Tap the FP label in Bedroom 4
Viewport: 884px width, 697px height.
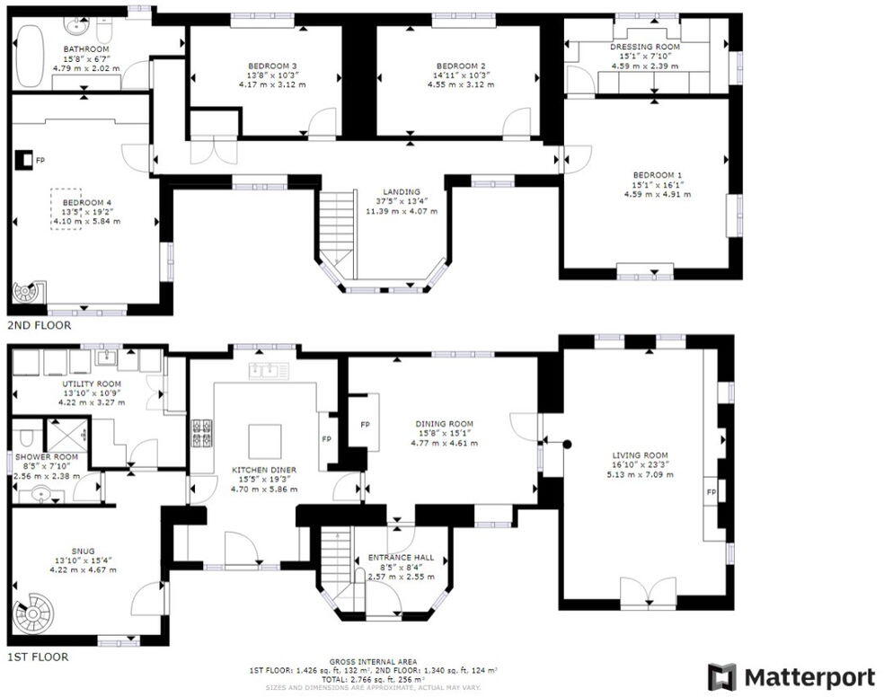tap(40, 161)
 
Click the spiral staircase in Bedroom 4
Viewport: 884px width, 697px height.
tap(27, 292)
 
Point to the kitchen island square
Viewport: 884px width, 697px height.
tap(265, 442)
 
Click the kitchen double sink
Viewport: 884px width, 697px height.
tap(269, 370)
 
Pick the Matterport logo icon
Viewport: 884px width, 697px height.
tap(722, 676)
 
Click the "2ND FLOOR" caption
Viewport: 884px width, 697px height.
tap(40, 326)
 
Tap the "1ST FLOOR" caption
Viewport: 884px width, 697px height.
tap(38, 657)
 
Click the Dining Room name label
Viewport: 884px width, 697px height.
tap(445, 424)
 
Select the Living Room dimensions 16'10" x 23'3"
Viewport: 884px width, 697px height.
tap(640, 465)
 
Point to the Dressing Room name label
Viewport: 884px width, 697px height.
tap(645, 47)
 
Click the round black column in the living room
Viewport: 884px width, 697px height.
tap(567, 445)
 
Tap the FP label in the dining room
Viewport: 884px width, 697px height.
tap(365, 425)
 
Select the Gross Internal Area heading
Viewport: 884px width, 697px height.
tap(373, 661)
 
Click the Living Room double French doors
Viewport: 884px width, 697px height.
tap(648, 593)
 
